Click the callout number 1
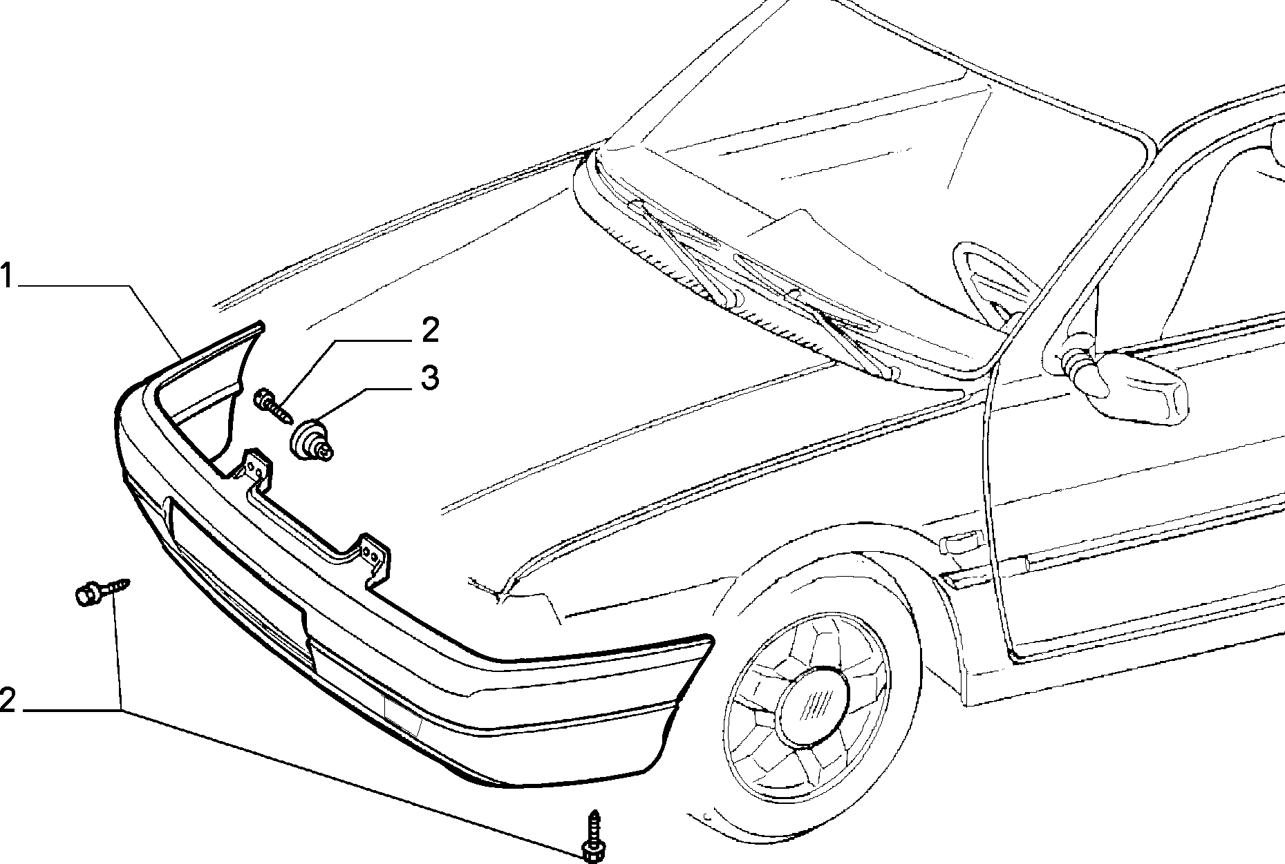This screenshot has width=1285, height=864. pos(7,276)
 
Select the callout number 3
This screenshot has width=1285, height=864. pos(429,378)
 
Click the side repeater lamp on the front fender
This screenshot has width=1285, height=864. pos(959,542)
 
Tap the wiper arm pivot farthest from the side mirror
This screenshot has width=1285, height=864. pos(733,298)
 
